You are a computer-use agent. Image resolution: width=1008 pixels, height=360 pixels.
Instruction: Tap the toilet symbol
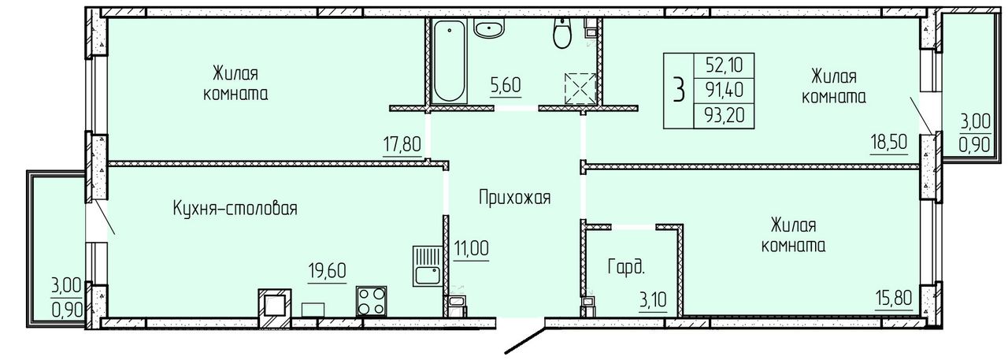(561, 33)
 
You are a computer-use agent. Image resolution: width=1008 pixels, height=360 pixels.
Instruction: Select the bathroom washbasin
(489, 29)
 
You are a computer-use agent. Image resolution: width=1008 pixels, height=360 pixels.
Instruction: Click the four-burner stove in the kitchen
(371, 301)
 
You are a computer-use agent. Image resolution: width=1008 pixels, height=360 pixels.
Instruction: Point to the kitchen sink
(427, 265)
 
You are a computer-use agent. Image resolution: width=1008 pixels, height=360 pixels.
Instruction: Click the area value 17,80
(402, 146)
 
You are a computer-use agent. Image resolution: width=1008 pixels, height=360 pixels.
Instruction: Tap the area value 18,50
(888, 143)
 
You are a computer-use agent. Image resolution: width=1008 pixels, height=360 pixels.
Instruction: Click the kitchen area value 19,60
(327, 271)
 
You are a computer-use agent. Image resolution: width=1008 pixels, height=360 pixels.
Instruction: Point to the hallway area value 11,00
(471, 248)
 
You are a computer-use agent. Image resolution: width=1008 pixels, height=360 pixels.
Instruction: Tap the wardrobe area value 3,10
(653, 299)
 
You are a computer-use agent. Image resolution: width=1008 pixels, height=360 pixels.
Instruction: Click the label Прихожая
(514, 198)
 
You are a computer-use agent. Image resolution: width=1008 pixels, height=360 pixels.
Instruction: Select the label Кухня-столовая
(235, 209)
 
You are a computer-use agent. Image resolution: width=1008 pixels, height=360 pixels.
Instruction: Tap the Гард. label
(626, 267)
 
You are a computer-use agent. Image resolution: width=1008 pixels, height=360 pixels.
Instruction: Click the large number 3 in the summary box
(679, 91)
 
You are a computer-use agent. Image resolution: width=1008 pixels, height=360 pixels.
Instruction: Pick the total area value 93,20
(724, 117)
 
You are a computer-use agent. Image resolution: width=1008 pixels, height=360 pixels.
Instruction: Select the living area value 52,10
(724, 65)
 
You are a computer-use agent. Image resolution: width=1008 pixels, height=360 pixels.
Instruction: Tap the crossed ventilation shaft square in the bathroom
(580, 87)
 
